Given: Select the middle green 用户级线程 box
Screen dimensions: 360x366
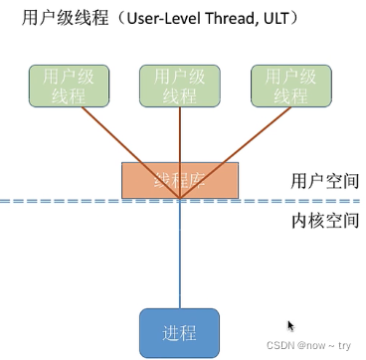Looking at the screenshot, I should coord(179,86).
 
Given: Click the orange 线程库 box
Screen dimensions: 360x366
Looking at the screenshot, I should coord(180,180).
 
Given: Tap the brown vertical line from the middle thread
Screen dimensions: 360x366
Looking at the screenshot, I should coord(180,134).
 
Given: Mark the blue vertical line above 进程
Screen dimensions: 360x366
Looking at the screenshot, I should coord(180,259).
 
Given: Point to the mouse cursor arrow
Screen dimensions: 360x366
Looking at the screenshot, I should coord(290,325).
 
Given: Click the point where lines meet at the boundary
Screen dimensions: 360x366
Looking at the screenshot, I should coord(180,200).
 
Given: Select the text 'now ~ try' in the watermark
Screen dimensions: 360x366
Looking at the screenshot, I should coord(332,346).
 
